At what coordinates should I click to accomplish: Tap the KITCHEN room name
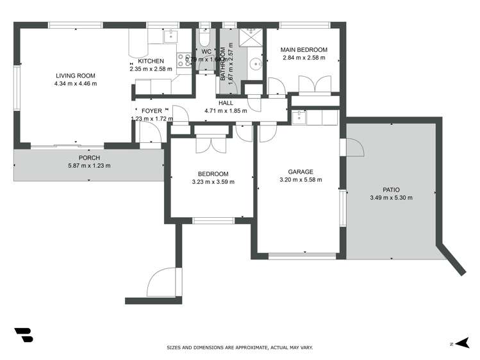click(151, 61)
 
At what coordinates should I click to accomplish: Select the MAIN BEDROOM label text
click(305, 50)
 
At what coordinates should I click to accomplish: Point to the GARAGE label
click(300, 172)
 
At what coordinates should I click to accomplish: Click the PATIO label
click(391, 190)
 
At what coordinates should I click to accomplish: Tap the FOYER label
click(152, 111)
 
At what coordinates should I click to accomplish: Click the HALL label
click(226, 102)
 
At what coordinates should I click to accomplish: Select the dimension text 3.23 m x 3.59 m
click(213, 182)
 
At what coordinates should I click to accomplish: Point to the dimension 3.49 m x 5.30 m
click(391, 198)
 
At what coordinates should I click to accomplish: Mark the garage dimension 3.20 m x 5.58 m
click(300, 180)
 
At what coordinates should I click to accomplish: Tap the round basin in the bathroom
click(256, 63)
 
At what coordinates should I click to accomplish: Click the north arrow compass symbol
click(460, 343)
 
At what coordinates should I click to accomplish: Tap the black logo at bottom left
click(24, 335)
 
